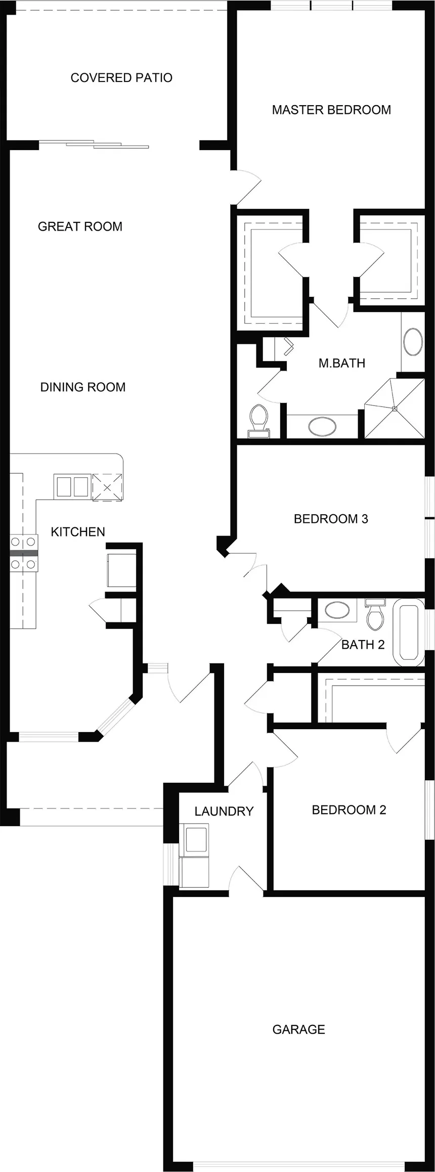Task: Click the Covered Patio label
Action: click(x=121, y=78)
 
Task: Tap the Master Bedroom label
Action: click(x=331, y=110)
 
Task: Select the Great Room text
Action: click(x=80, y=227)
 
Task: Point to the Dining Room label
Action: click(x=83, y=387)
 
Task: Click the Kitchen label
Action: click(x=78, y=532)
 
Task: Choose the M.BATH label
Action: click(x=342, y=363)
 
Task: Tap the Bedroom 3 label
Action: click(x=331, y=519)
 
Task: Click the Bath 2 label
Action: click(x=363, y=645)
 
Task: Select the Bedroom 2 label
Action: click(x=349, y=810)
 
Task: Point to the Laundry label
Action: click(x=224, y=812)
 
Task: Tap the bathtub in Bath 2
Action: click(x=409, y=632)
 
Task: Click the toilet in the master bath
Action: click(x=259, y=421)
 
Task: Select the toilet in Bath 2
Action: click(x=375, y=614)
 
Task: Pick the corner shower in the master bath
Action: click(x=395, y=408)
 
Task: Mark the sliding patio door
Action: click(x=94, y=144)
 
